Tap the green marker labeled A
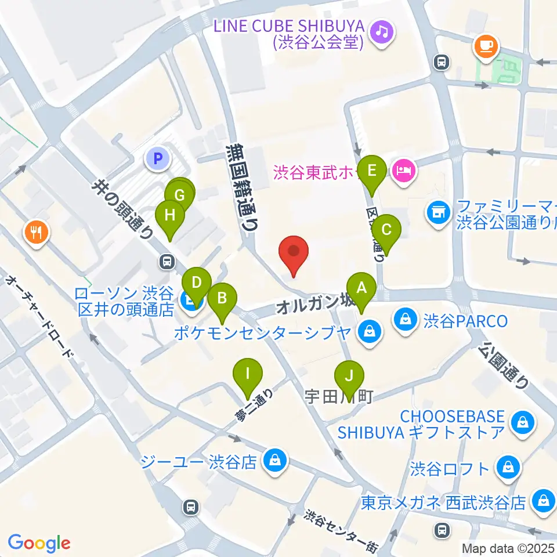(x=361, y=288)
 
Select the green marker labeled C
(x=386, y=230)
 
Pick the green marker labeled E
(x=372, y=172)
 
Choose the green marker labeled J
(x=349, y=376)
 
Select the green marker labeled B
(x=222, y=299)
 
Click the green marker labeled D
(x=197, y=284)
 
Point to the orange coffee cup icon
(x=486, y=44)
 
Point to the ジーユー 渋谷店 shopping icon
(x=273, y=461)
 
